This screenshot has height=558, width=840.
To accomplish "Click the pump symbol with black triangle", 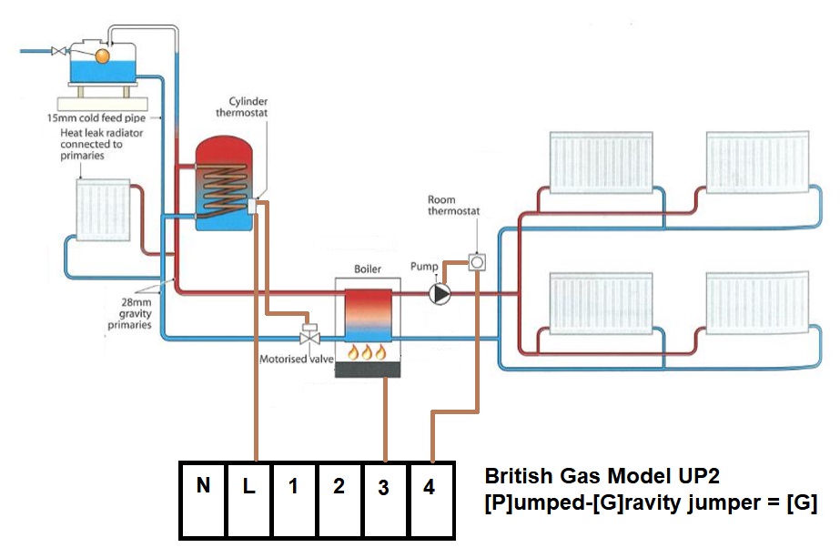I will pos(440,294).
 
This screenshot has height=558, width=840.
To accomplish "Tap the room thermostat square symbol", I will pos(476,264).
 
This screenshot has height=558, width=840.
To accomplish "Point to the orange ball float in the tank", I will pos(102,56).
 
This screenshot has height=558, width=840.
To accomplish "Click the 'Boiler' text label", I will pos(368,269).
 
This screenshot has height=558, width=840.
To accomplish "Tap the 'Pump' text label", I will pos(424,267).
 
